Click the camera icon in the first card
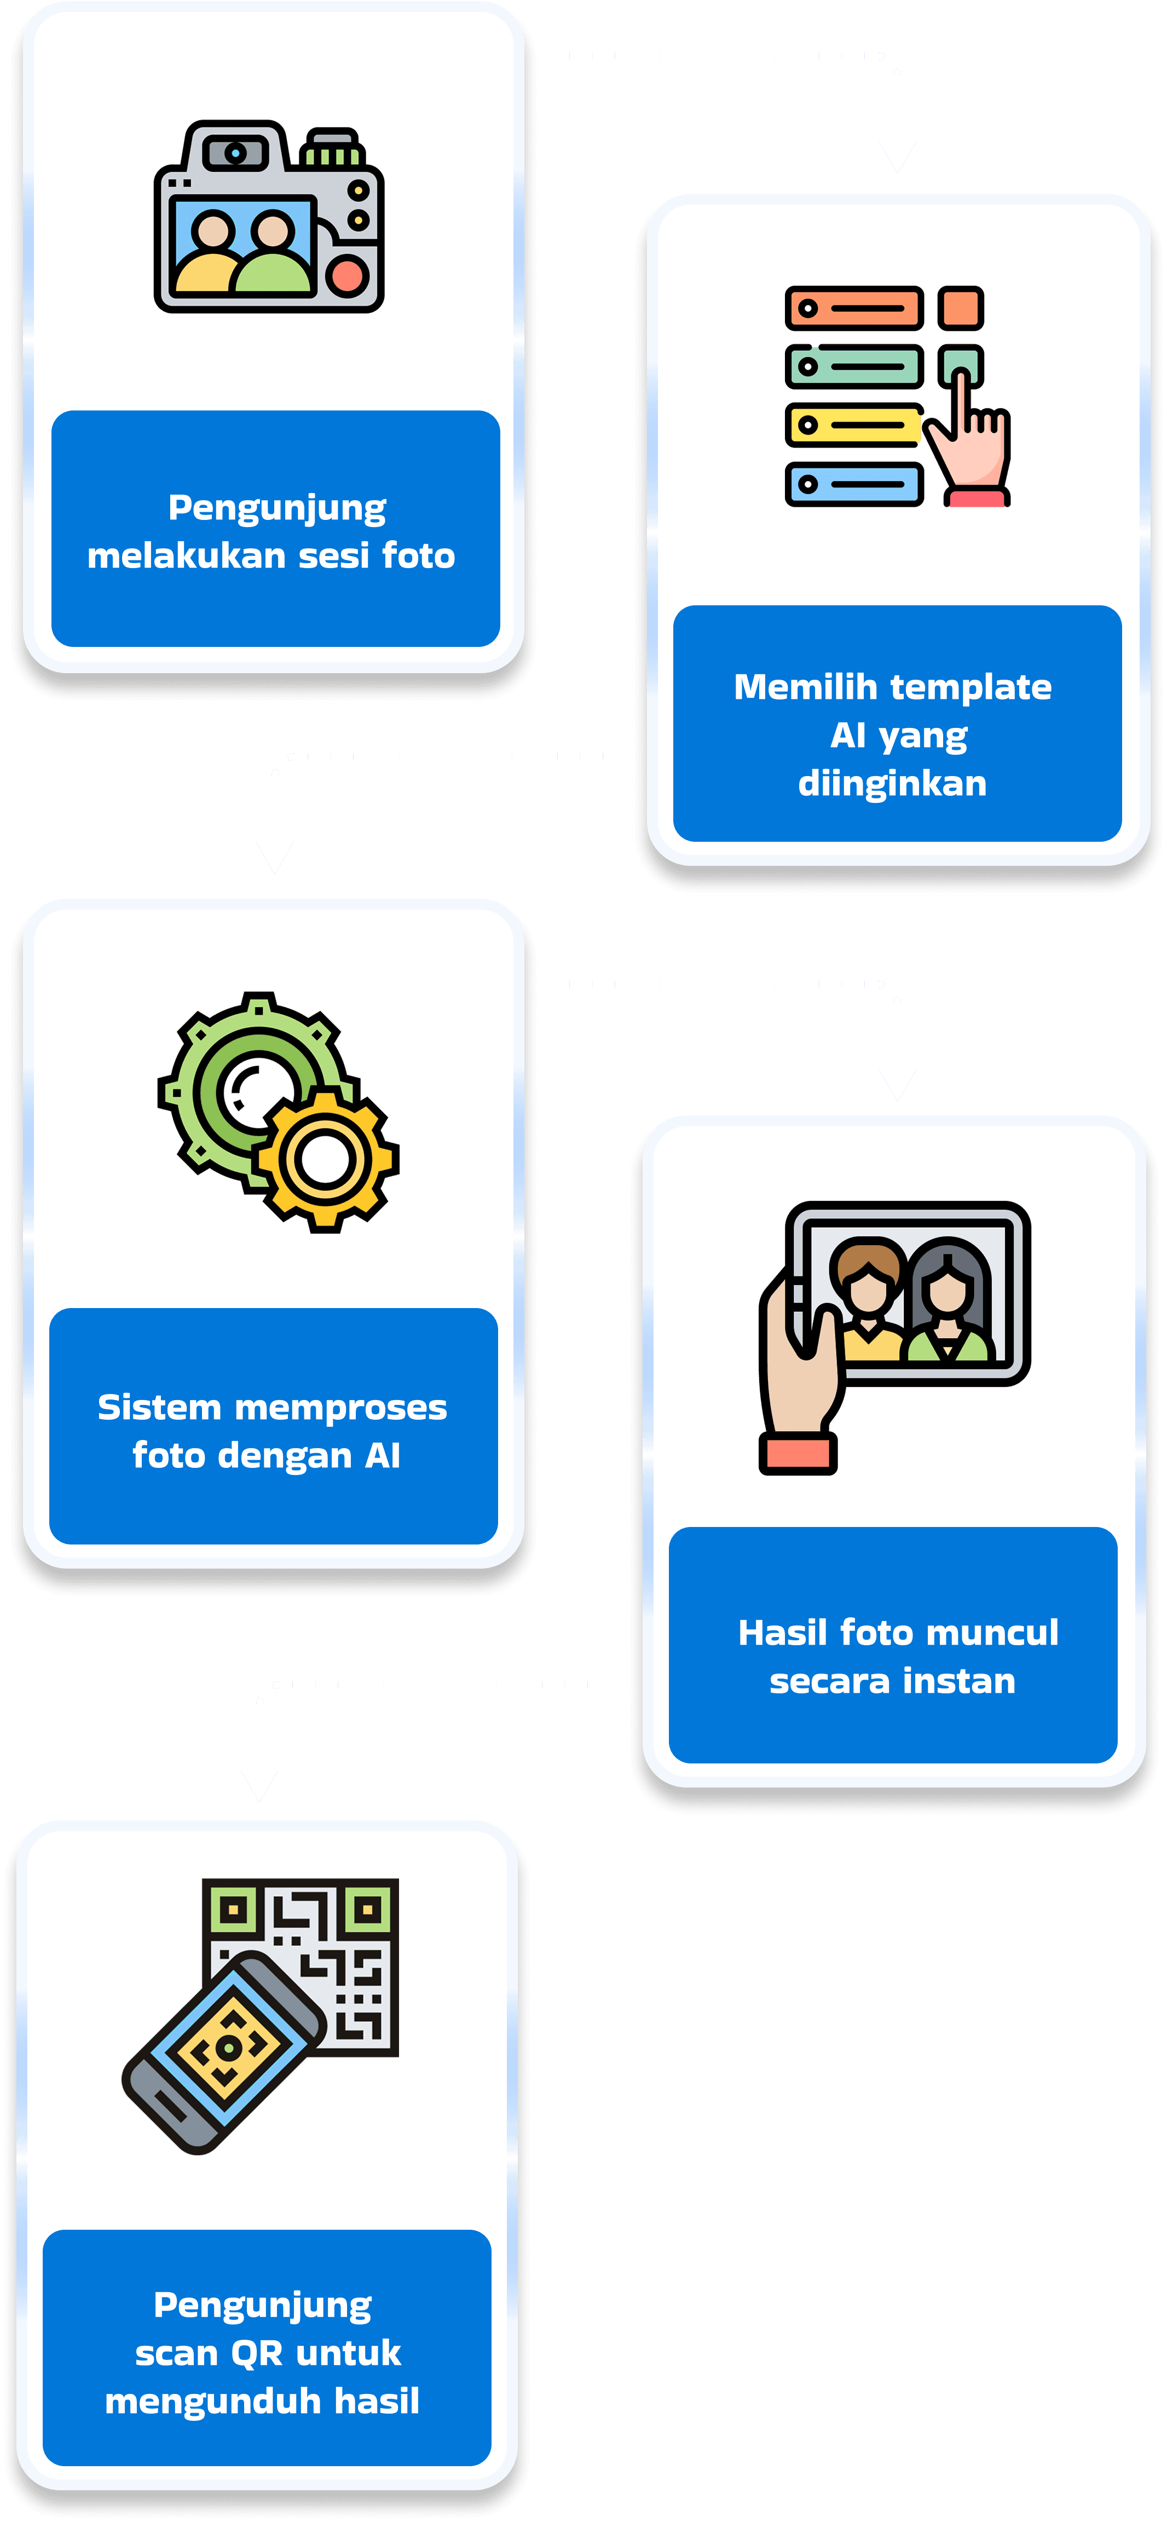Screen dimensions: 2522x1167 pos(269,217)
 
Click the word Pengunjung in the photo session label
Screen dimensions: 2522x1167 pos(277,508)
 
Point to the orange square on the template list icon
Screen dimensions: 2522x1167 pos(961,308)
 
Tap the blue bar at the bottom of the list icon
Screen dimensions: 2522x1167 pos(854,484)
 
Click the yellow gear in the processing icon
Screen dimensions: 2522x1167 pos(326,1159)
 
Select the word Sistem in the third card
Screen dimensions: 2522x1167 pos(160,1408)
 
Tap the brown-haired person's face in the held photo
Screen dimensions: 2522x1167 pos(868,1286)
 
